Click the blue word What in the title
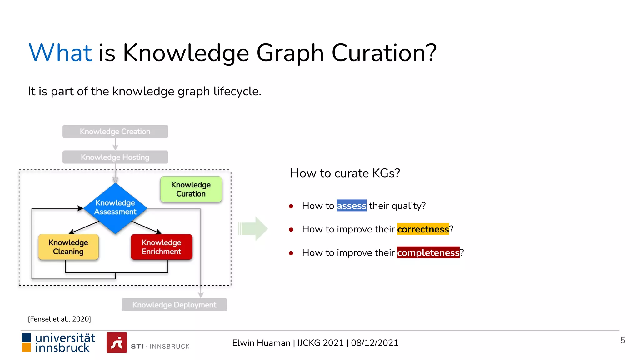point(60,53)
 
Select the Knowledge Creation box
point(115,131)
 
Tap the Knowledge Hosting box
point(115,157)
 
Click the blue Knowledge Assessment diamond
point(115,207)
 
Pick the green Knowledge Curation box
point(191,189)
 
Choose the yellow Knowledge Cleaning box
point(68,247)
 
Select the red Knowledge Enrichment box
point(161,247)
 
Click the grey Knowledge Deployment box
point(174,305)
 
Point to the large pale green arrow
point(253,228)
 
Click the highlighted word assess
point(351,206)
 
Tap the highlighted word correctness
point(423,229)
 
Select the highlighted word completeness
point(428,252)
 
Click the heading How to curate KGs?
point(345,173)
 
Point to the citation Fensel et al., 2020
point(59,319)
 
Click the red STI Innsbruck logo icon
point(117,343)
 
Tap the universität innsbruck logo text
point(65,343)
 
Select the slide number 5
point(622,340)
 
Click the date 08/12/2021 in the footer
point(374,343)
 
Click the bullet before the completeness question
point(291,253)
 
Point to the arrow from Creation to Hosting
point(115,144)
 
